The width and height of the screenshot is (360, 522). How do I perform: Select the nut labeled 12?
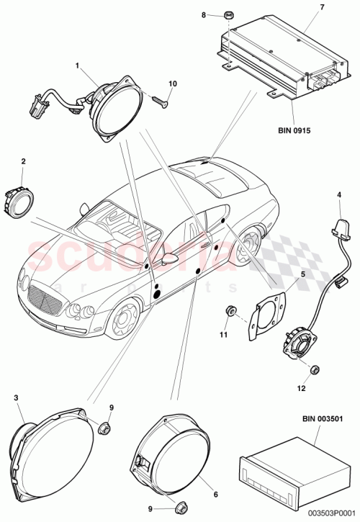click(315, 369)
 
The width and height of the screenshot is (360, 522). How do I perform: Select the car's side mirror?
click(170, 257)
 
